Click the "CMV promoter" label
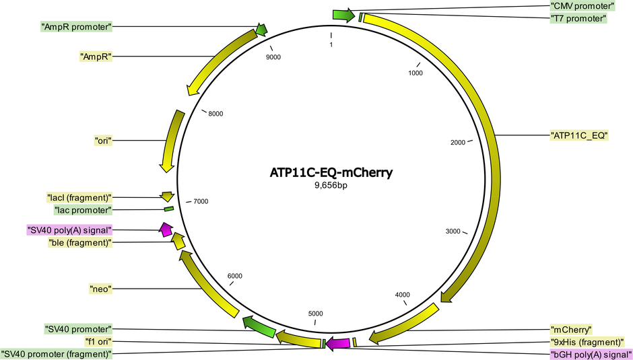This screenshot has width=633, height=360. pos(582,6)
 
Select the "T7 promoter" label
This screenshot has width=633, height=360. pos(578,19)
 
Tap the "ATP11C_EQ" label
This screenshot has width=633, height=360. pos(579,136)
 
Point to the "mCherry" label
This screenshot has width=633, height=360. pos(571,329)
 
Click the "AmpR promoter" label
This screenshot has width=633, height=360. pos(76,27)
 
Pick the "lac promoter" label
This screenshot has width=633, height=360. pos(83,210)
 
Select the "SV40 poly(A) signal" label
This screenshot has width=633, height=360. pos(69,230)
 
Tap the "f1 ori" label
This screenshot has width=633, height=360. pos(98,341)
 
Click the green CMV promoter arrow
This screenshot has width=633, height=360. pos(343,15)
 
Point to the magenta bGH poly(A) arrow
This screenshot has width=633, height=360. pos(337,343)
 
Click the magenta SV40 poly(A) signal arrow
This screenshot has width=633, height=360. pos(166,229)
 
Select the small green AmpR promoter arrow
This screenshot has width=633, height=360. pos(261,30)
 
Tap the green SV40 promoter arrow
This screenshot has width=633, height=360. pos(259,327)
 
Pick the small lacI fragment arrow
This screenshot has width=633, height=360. pos(167,196)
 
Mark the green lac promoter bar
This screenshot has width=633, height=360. pos(169,209)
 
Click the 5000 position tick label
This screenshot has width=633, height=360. pos(315,314)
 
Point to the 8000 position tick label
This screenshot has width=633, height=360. pos(215,114)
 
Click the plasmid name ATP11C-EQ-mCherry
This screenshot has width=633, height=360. pos(331,173)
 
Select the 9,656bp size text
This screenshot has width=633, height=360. pos(331,186)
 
